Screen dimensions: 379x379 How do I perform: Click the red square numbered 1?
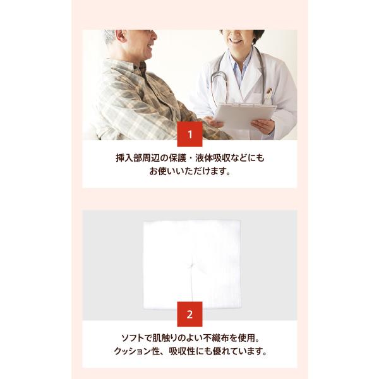tap(189, 134)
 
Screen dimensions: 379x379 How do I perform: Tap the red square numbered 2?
tap(189, 314)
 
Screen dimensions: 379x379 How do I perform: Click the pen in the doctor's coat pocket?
tap(269, 93)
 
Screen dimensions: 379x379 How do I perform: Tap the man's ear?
tap(120, 36)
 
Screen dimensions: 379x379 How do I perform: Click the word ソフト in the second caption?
tap(133, 338)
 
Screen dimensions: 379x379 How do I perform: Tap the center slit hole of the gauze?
tap(191, 265)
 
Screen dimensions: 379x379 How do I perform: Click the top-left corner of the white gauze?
tap(144, 222)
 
